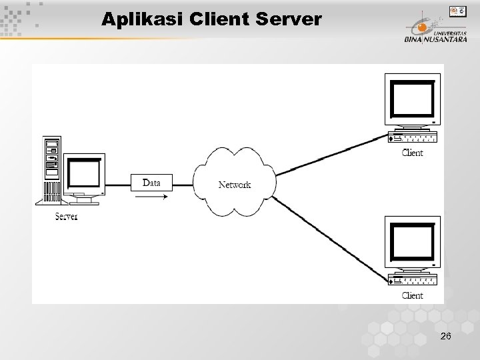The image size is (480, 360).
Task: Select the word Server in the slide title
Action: click(290, 19)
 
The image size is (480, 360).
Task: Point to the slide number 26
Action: click(445, 337)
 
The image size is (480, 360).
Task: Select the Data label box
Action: click(151, 183)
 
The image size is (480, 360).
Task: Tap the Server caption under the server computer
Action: click(66, 217)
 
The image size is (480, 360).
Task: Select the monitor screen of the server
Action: click(83, 173)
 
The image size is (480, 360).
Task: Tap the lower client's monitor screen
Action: click(412, 242)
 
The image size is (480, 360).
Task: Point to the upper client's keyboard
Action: click(413, 139)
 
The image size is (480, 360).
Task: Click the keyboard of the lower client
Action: click(413, 281)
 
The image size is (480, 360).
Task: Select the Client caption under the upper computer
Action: click(412, 153)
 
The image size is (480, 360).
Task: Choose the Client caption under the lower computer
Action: click(412, 295)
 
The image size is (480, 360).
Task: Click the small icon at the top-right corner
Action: click(457, 11)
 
